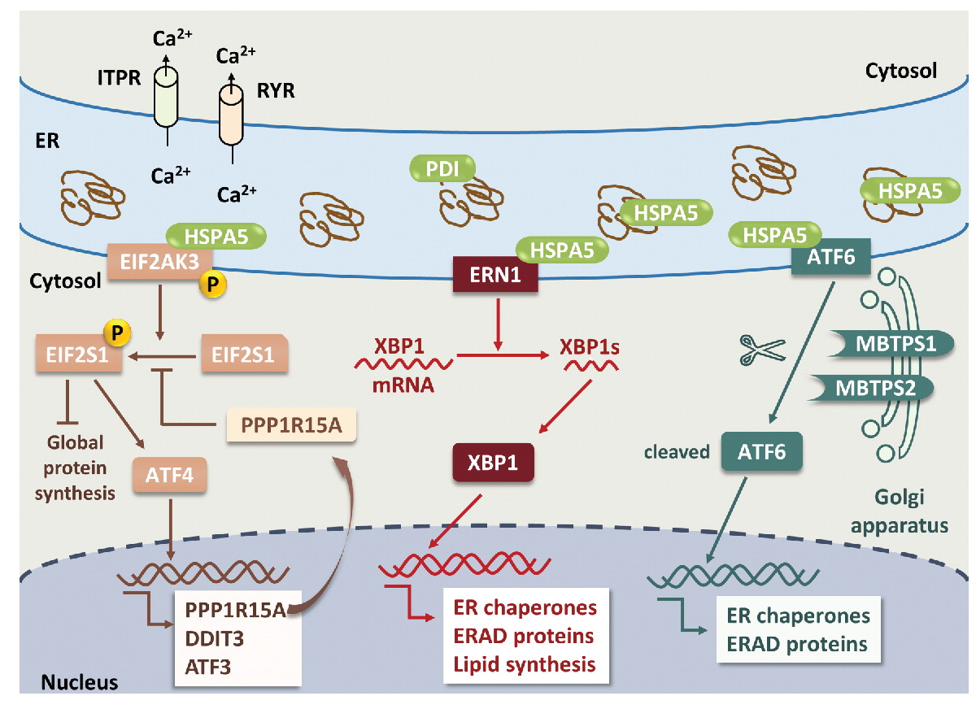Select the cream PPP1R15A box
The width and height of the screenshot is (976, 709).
pyautogui.click(x=290, y=424)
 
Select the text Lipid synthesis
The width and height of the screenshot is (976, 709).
pyautogui.click(x=521, y=665)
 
